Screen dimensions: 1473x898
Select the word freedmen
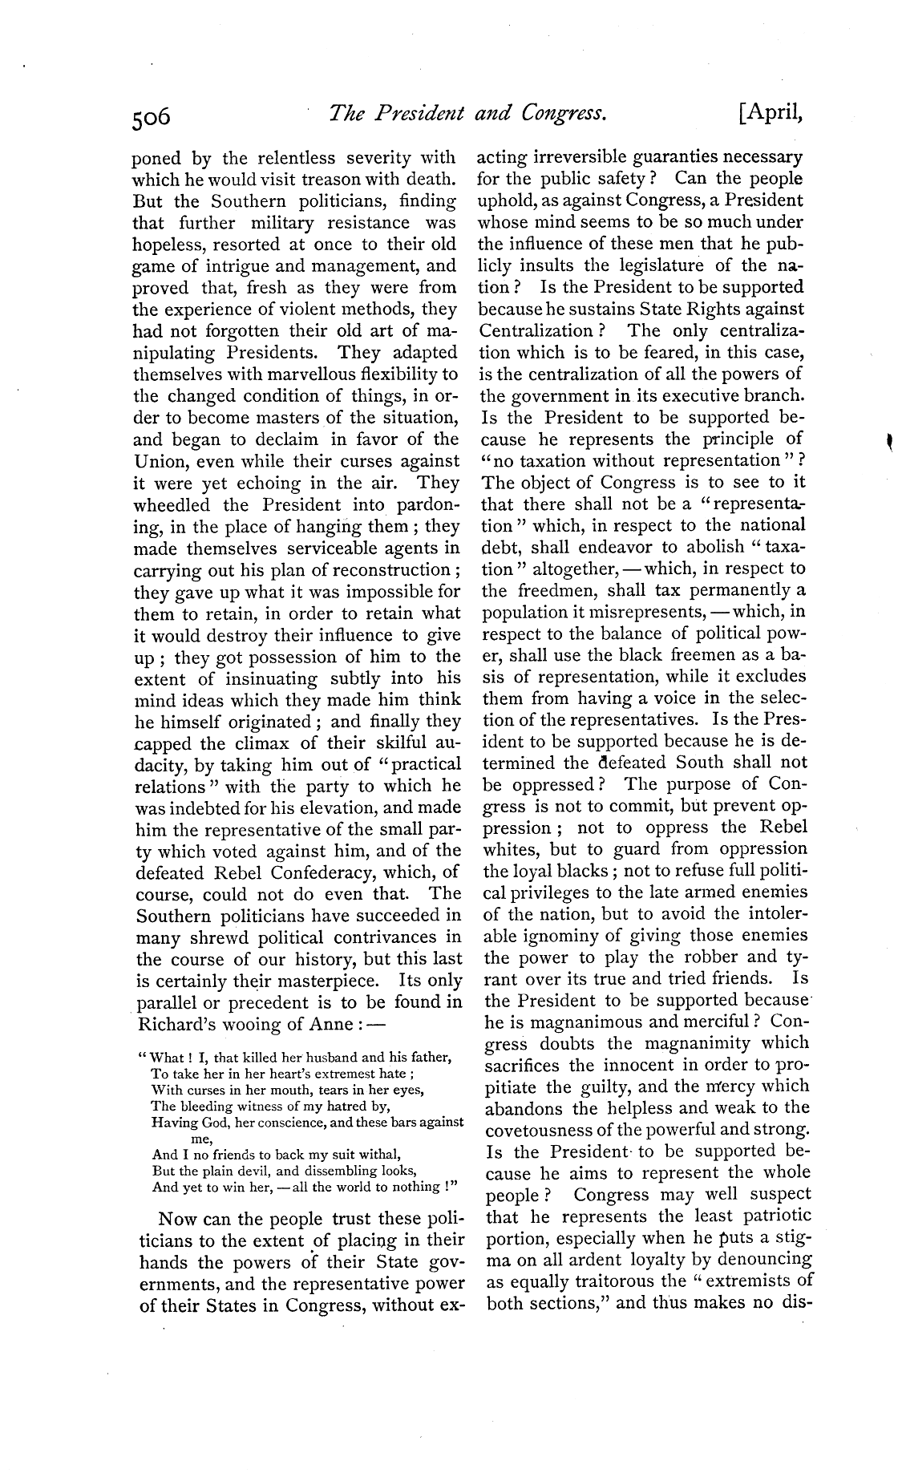click(x=552, y=590)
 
